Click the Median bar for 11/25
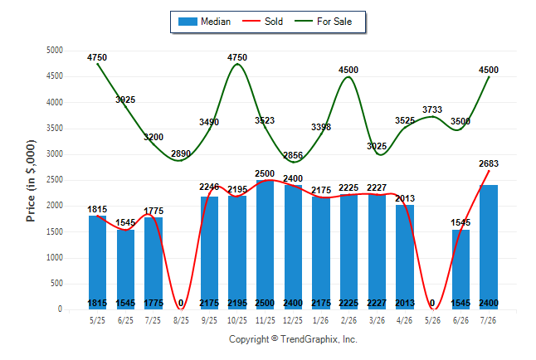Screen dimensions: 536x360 (265, 245)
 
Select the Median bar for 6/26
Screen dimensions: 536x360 (460, 270)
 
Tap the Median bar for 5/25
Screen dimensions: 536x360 (97, 263)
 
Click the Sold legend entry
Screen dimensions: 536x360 (262, 22)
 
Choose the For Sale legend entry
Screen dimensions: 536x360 (324, 22)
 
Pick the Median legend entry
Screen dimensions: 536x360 (204, 22)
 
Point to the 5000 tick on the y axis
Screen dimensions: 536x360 (55, 51)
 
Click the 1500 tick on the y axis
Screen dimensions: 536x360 (55, 231)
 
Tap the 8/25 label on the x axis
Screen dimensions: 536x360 (181, 320)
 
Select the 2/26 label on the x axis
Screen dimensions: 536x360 (348, 320)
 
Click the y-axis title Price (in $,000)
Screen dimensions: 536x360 (31, 181)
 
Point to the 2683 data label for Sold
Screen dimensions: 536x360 (489, 163)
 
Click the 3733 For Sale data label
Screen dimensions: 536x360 (432, 109)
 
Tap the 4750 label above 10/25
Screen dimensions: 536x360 (237, 57)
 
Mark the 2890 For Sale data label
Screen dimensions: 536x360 (181, 153)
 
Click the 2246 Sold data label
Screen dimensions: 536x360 (209, 187)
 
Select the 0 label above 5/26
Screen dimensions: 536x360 (432, 303)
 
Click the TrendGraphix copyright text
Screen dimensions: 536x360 (293, 339)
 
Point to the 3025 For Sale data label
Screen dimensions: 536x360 (377, 146)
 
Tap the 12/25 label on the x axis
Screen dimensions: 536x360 (293, 320)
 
